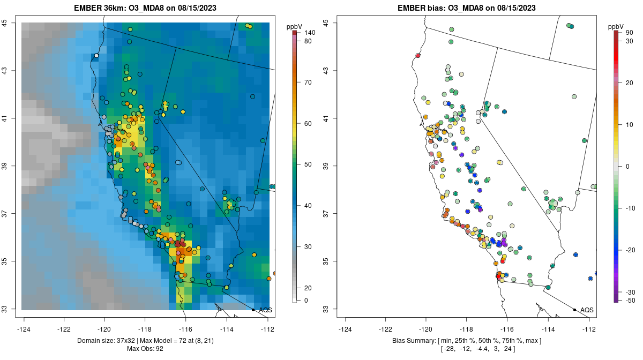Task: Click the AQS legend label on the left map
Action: point(265,310)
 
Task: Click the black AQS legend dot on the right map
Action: point(574,310)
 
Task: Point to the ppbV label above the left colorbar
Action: point(295,26)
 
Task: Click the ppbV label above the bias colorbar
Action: point(616,26)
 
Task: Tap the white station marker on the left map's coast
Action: point(96,55)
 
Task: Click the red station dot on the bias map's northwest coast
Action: point(418,55)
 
